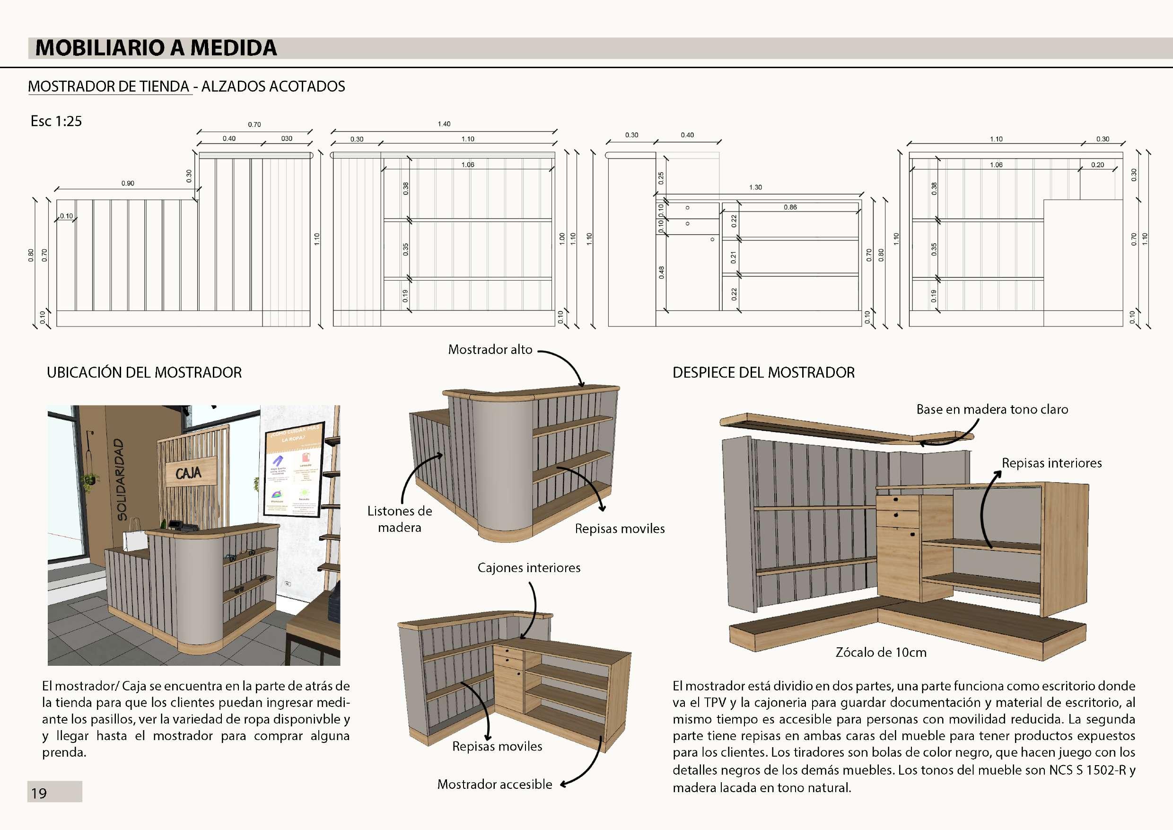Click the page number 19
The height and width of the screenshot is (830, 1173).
39,793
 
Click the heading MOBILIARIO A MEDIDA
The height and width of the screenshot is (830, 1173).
156,48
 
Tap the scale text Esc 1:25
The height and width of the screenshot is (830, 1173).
56,121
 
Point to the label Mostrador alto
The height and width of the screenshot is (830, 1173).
490,350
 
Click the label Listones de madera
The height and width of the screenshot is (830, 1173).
400,519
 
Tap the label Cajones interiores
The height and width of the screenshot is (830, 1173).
529,567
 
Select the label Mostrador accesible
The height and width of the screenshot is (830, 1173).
495,784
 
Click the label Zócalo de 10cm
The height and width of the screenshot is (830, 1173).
881,652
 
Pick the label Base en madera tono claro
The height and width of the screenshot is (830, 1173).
992,409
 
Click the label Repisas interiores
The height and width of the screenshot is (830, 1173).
1051,463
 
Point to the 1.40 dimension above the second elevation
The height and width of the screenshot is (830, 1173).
444,124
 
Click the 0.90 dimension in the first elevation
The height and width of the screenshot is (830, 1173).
128,183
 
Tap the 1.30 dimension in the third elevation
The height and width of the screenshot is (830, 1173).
755,187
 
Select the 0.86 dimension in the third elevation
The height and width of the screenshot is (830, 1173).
790,207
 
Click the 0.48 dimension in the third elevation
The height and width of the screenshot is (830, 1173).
662,273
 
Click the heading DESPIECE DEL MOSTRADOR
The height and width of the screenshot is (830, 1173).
763,372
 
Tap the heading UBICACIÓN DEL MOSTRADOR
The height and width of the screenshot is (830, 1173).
144,372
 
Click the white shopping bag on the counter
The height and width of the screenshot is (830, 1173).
135,535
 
